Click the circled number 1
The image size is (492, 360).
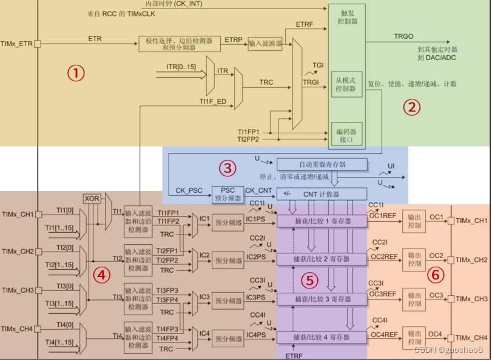(75, 73)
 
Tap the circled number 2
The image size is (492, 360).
(411, 107)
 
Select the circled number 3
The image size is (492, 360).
(227, 167)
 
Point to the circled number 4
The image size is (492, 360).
(102, 275)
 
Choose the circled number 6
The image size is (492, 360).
(436, 275)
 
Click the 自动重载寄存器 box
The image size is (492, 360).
(322, 164)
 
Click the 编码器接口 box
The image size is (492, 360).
(346, 135)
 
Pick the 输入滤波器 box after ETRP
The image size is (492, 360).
(265, 44)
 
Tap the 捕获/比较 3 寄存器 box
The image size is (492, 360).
(322, 299)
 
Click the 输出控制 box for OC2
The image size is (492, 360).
(414, 260)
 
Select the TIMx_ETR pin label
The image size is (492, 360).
(16, 44)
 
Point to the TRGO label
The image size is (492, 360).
(403, 36)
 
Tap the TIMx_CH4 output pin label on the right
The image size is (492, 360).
(472, 338)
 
